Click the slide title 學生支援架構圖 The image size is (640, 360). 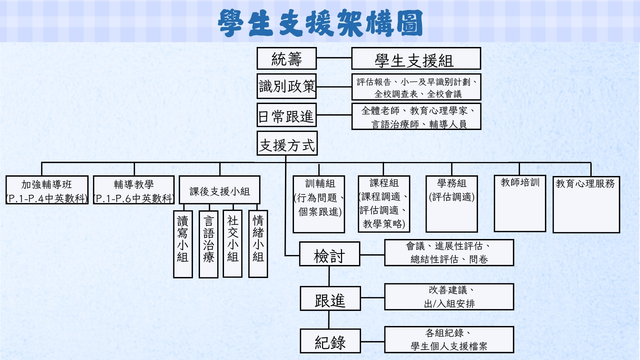tap(320, 23)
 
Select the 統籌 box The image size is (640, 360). tap(287, 59)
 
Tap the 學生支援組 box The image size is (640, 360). tap(416, 59)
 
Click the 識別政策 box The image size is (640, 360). tap(287, 86)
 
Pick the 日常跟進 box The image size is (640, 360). tap(287, 115)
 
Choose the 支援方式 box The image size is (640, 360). tap(287, 144)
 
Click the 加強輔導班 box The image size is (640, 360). tap(47, 190)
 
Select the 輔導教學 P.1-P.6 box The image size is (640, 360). tap(134, 190)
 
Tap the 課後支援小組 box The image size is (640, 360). tap(220, 190)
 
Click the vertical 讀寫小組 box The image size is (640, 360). tap(183, 244)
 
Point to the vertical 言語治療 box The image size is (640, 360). tap(208, 244)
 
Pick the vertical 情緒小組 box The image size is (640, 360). tap(258, 244)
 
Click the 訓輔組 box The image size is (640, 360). tap(319, 204)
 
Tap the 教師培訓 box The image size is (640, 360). tap(520, 203)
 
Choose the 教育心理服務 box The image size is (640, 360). tap(586, 204)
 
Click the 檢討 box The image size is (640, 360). tap(329, 254)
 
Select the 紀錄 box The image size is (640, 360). tap(330, 341)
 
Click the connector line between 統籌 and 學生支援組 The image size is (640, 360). tap(334, 58)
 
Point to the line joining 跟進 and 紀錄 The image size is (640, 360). tap(329, 320)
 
